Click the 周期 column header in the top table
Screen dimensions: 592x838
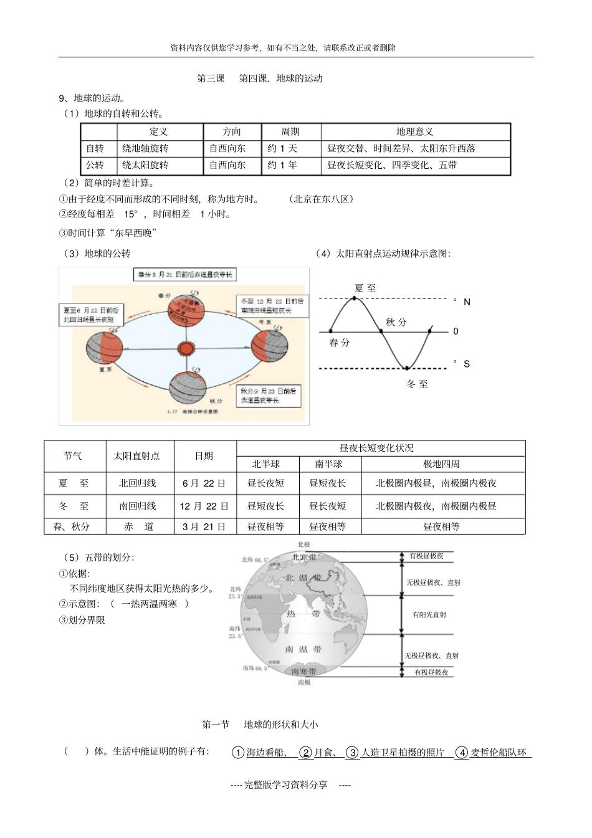tap(290, 131)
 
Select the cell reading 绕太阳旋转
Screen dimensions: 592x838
tap(145, 165)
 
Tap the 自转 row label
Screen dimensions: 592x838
tap(95, 148)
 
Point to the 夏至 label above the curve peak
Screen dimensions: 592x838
tap(365, 288)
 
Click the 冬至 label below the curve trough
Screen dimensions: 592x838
tap(417, 384)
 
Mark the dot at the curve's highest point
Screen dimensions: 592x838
tap(355, 298)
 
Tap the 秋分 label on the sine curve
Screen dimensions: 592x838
tap(396, 322)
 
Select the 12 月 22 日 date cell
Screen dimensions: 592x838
tap(204, 506)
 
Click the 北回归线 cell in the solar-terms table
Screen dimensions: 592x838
tap(138, 483)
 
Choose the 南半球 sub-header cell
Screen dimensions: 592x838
tap(328, 464)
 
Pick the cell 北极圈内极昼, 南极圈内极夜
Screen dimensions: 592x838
tap(436, 483)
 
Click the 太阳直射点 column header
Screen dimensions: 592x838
tap(136, 455)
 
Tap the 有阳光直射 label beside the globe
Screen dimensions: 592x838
tap(429, 614)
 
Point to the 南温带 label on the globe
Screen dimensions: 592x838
tap(303, 649)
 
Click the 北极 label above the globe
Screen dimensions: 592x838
tap(303, 545)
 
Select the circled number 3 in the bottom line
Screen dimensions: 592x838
tap(352, 753)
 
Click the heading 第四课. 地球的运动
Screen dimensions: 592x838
tap(281, 78)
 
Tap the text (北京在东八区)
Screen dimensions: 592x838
tap(322, 199)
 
